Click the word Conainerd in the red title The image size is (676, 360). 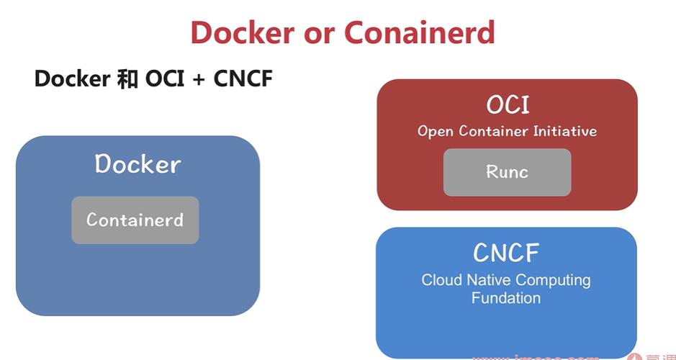[420, 32]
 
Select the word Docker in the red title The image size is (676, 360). [243, 32]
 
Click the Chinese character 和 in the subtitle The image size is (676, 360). [127, 78]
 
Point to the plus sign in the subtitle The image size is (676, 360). [198, 78]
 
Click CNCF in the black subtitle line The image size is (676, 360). [243, 78]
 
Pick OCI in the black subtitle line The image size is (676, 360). [165, 78]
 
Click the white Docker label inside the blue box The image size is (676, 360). [138, 164]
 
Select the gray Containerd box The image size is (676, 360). [135, 220]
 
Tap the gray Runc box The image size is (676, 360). [507, 172]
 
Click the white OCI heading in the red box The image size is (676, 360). [508, 105]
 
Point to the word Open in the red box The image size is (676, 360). [435, 132]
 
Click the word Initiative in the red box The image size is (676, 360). [564, 132]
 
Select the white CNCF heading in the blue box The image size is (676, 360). [506, 253]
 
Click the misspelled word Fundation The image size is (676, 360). [506, 297]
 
